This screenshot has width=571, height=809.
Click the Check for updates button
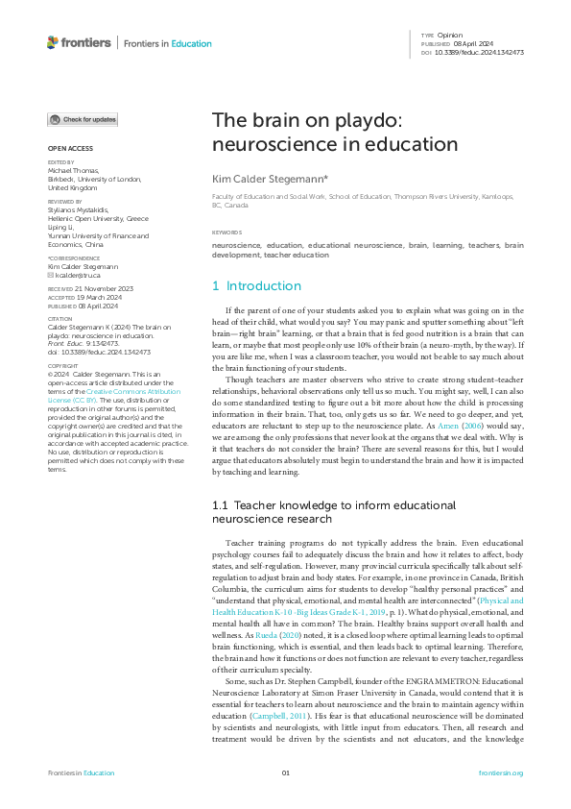(83, 119)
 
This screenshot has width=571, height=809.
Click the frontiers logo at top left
(77, 43)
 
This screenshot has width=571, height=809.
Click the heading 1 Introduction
(256, 285)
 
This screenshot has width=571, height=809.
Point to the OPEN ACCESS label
(70, 148)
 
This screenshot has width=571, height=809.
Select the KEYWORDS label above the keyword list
(227, 233)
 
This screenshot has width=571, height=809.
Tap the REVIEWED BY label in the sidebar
(65, 202)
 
